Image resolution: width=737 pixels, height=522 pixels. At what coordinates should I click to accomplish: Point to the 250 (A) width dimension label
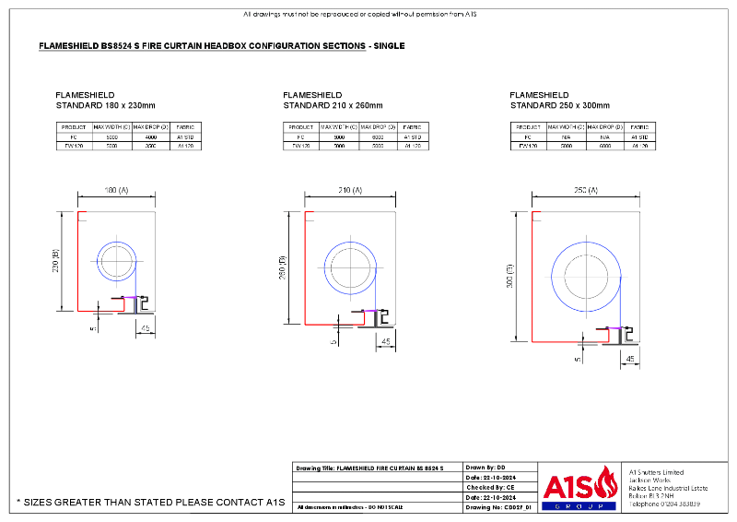(x=586, y=190)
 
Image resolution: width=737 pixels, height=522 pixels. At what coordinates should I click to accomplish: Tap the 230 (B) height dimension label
(x=56, y=262)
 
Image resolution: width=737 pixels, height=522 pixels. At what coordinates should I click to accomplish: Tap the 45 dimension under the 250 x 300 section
(x=631, y=358)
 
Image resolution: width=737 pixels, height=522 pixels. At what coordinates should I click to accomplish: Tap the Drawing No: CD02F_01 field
(x=500, y=507)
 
